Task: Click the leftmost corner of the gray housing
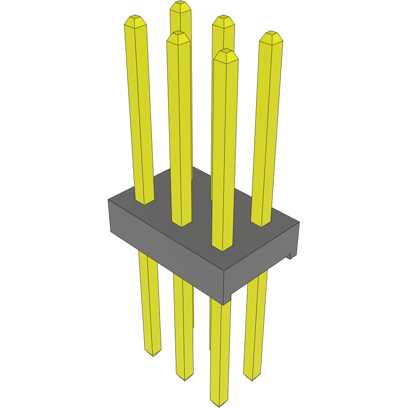pos(109,201)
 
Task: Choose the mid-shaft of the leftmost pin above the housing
pos(139,111)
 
